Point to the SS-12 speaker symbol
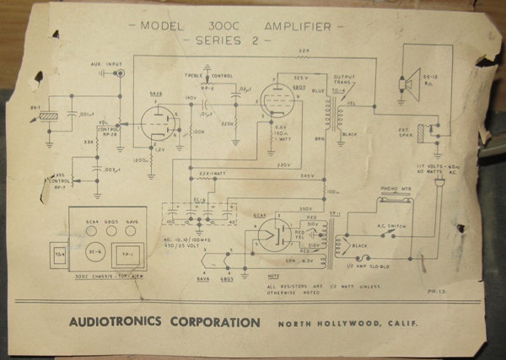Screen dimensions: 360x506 [412, 83]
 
